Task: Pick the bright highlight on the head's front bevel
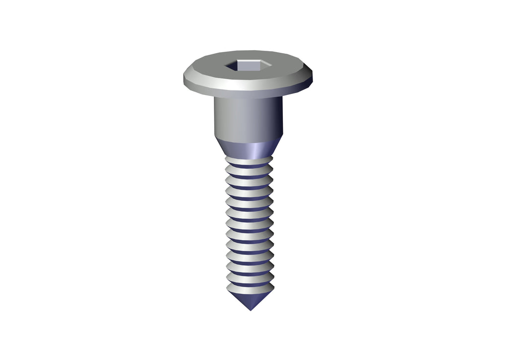click(x=234, y=88)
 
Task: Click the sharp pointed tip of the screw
click(x=250, y=310)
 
